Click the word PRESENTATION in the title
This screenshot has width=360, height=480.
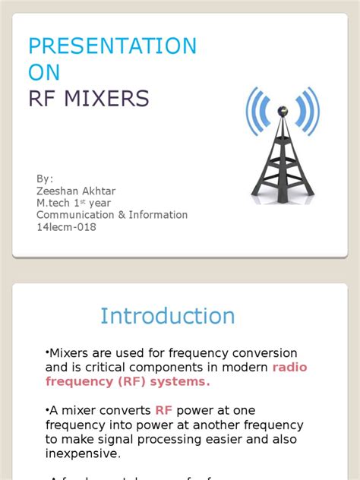pyautogui.click(x=112, y=46)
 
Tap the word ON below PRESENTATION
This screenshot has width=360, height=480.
pyautogui.click(x=43, y=72)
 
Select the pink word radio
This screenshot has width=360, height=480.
pyautogui.click(x=290, y=368)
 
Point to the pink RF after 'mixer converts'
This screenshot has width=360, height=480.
pyautogui.click(x=165, y=410)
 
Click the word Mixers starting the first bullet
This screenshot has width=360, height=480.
pyautogui.click(x=68, y=353)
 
